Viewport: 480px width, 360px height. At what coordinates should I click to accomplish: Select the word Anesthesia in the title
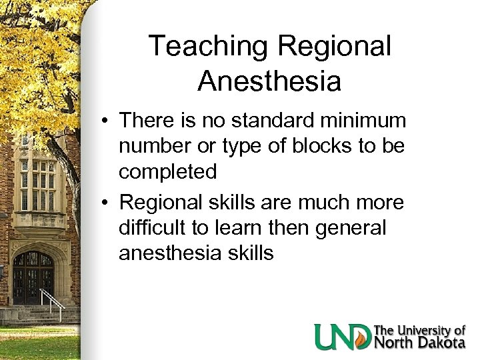269,81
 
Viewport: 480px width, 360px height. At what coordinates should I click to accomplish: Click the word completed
168,172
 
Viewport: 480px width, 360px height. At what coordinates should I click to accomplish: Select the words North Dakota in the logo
419,343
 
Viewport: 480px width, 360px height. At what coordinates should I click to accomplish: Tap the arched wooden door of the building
33,277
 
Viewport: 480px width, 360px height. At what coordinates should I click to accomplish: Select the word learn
230,228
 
